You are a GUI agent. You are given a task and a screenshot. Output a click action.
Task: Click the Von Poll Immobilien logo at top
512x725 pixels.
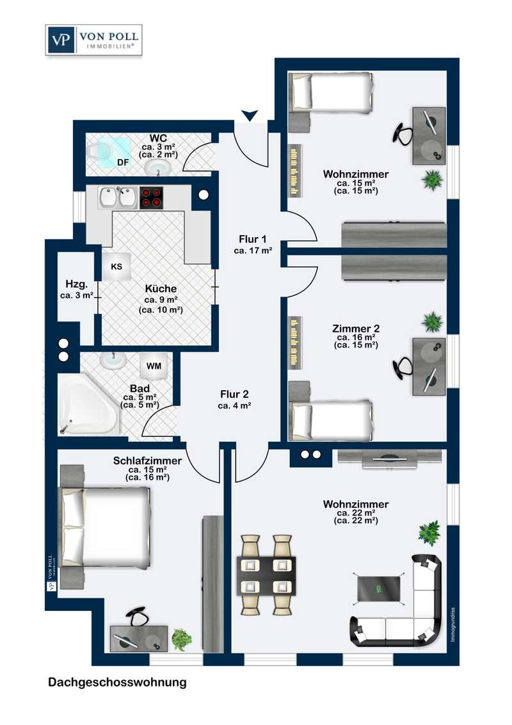[94, 40]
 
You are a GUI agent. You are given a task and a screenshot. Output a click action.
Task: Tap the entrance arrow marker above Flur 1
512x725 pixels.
[250, 115]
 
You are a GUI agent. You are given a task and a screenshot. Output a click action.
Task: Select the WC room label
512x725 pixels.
[158, 138]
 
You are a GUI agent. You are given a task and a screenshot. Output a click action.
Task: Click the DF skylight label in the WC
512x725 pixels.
[123, 162]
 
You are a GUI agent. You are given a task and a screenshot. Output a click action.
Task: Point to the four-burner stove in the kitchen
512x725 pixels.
[152, 198]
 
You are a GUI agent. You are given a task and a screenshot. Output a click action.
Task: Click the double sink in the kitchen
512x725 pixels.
[118, 198]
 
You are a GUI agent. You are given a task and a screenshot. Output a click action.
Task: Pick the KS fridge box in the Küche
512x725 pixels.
[116, 267]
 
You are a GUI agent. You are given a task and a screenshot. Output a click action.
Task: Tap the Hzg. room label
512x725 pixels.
[77, 284]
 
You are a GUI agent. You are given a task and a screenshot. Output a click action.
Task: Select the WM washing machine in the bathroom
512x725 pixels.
[154, 366]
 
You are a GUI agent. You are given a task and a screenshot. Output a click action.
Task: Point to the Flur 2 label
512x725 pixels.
[234, 395]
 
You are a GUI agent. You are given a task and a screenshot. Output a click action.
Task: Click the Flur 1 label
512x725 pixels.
[253, 239]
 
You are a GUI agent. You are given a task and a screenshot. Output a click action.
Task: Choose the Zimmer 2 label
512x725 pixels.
[356, 329]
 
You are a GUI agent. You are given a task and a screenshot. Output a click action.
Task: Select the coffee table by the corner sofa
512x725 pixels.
[379, 589]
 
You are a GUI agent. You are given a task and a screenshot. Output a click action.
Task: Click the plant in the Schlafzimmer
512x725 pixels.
[182, 639]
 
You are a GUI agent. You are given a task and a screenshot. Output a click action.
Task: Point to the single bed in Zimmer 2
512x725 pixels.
[331, 420]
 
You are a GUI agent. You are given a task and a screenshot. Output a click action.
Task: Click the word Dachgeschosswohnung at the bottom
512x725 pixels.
[117, 683]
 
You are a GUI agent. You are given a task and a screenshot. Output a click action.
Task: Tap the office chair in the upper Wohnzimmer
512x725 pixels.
[403, 134]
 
